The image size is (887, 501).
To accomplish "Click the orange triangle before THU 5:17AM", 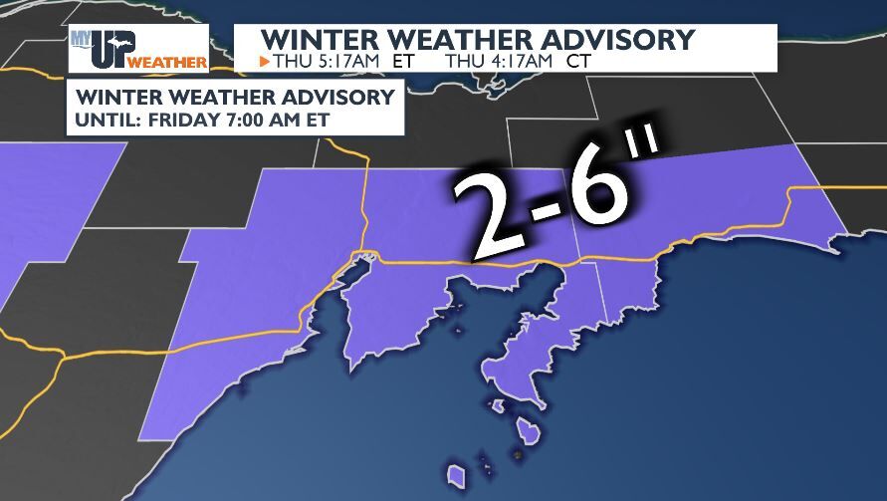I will (264, 62).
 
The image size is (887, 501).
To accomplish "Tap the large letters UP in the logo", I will (113, 48).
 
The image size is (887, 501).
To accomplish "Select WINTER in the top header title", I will (317, 39).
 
